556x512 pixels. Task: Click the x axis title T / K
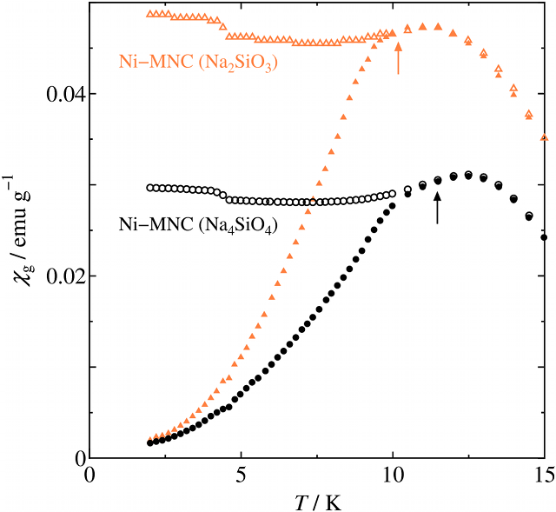point(317,501)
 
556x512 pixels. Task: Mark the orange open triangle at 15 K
point(545,137)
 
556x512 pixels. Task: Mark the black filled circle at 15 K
point(545,237)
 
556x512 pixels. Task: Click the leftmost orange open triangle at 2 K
point(149,14)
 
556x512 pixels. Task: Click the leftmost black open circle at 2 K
point(149,188)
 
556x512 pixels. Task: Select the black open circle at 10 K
point(393,194)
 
